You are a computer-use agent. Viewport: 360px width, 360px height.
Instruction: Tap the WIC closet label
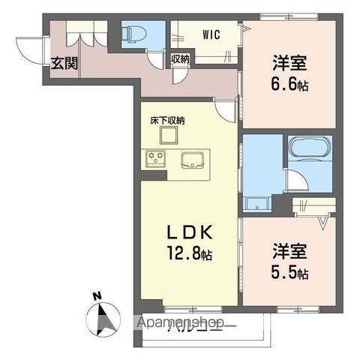click(x=211, y=34)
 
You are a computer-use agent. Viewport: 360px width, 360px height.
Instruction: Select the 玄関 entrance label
click(x=64, y=63)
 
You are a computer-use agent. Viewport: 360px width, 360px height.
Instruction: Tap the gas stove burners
click(x=157, y=157)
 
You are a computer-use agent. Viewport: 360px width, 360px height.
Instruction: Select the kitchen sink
click(x=191, y=158)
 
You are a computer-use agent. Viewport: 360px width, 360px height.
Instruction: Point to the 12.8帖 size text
click(x=187, y=255)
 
